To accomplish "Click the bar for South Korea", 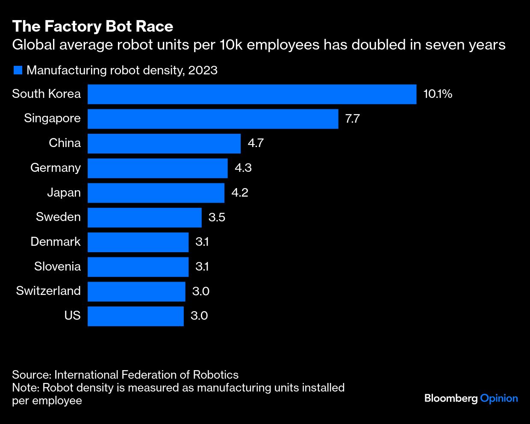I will tap(252, 94).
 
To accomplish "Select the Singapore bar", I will tap(213, 119).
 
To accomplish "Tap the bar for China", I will tap(164, 143).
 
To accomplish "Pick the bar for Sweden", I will tap(144, 218).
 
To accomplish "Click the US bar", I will tap(135, 316).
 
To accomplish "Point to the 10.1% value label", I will tap(438, 94).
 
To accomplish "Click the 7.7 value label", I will tap(353, 119).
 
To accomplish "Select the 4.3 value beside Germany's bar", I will tap(243, 168).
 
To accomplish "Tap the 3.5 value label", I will tap(217, 218).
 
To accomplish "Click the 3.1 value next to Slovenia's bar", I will tap(202, 267).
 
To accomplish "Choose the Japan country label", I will tap(64, 193).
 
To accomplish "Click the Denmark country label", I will tap(56, 242).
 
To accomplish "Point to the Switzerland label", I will tap(48, 291).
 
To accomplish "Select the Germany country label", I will tap(56, 168).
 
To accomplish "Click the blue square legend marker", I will tap(18, 70).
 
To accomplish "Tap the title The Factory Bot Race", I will tap(93, 26).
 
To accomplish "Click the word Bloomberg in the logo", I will tap(451, 399).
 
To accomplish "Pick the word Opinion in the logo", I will tap(499, 399).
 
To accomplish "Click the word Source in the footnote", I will tap(31, 375).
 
